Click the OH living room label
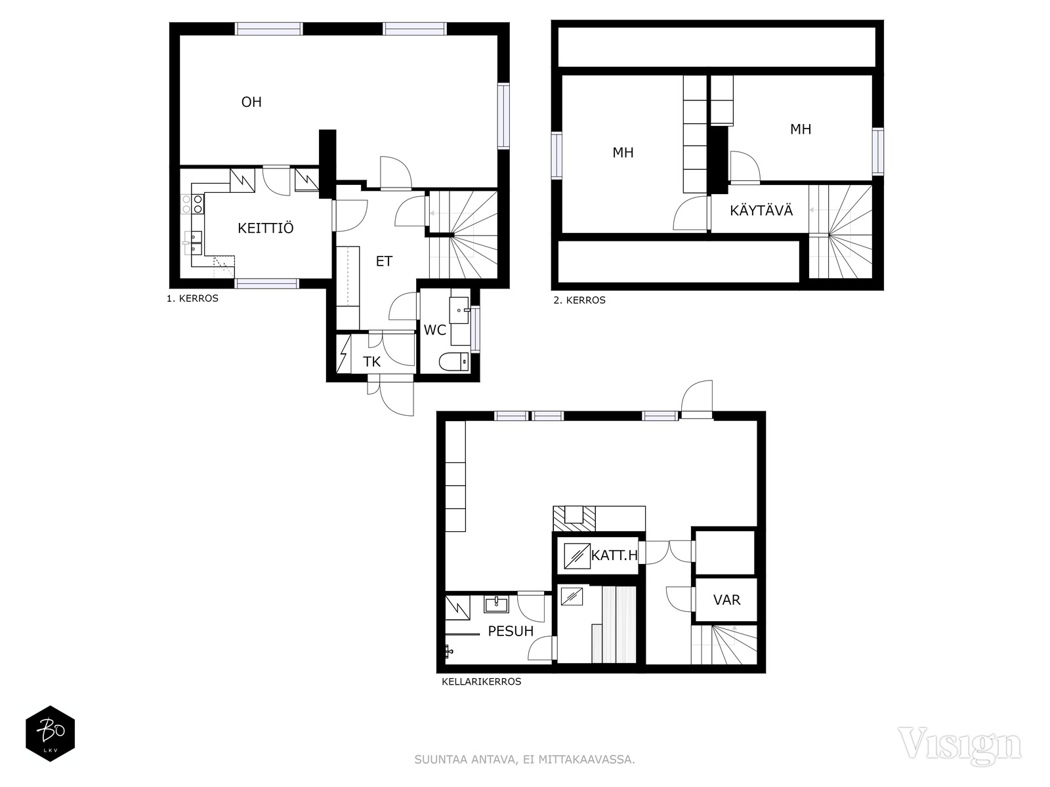click(251, 102)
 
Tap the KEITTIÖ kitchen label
click(266, 228)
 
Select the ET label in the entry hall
click(384, 261)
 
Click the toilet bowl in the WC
click(454, 362)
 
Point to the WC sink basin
click(459, 310)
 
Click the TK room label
click(371, 362)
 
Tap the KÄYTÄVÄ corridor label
click(761, 211)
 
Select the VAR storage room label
click(726, 599)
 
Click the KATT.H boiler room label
click(614, 555)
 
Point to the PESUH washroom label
click(511, 631)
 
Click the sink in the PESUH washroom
click(497, 604)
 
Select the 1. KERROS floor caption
click(192, 298)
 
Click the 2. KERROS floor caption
click(579, 300)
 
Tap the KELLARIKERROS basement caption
click(481, 681)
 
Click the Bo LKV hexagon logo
click(51, 733)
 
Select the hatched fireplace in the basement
click(574, 519)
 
